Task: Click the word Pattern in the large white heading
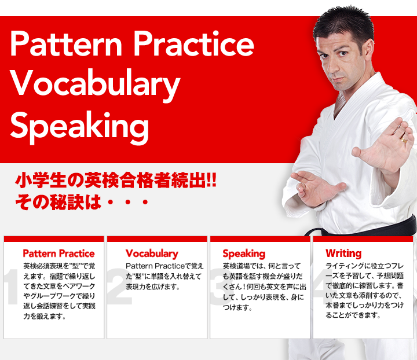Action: pyautogui.click(x=66, y=43)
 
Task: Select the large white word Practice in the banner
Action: pyautogui.click(x=193, y=43)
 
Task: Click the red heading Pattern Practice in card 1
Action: pyautogui.click(x=58, y=254)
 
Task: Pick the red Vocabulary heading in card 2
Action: pyautogui.click(x=152, y=254)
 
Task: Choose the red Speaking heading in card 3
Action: pyautogui.click(x=244, y=254)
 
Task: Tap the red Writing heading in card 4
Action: pyautogui.click(x=343, y=254)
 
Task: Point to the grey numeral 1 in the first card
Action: pyautogui.click(x=12, y=286)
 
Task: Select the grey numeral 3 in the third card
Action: pyautogui.click(x=218, y=286)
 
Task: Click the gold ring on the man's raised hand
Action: pyautogui.click(x=404, y=139)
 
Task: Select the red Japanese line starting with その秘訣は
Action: pyautogui.click(x=82, y=202)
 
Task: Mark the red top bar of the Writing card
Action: pyautogui.click(x=363, y=238)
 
